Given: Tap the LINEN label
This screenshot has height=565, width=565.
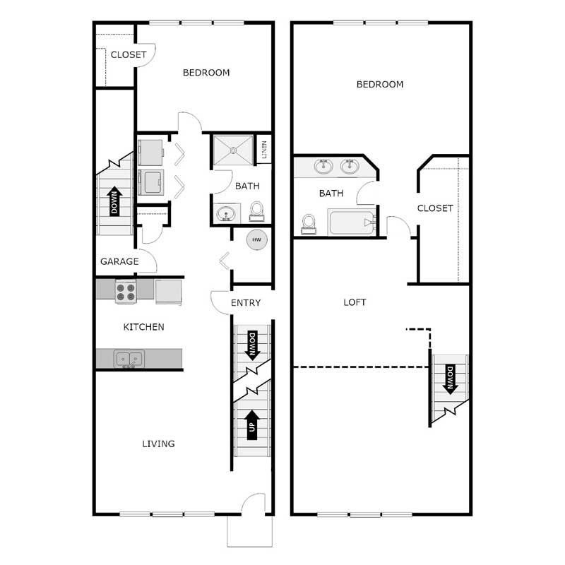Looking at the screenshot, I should pos(264,149).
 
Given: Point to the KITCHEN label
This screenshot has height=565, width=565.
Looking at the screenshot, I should pos(144,327).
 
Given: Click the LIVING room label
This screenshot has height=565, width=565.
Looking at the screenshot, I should pos(158,444).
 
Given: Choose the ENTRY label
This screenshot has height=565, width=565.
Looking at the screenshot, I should pos(246,303).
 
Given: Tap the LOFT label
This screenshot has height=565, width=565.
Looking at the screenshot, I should pos(355,302).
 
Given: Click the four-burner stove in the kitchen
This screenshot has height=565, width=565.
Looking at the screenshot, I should pos(126,292).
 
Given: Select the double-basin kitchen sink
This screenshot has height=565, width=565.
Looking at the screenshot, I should pos(129,359).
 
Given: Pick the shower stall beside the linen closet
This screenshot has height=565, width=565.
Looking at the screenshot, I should pos(232,149).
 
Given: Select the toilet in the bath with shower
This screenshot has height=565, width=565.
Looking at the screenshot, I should pos(256,210).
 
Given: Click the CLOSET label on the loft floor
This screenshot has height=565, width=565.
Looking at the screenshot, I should pos(434,208).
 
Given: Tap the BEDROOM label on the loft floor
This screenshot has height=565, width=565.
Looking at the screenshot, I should pos(380,85).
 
